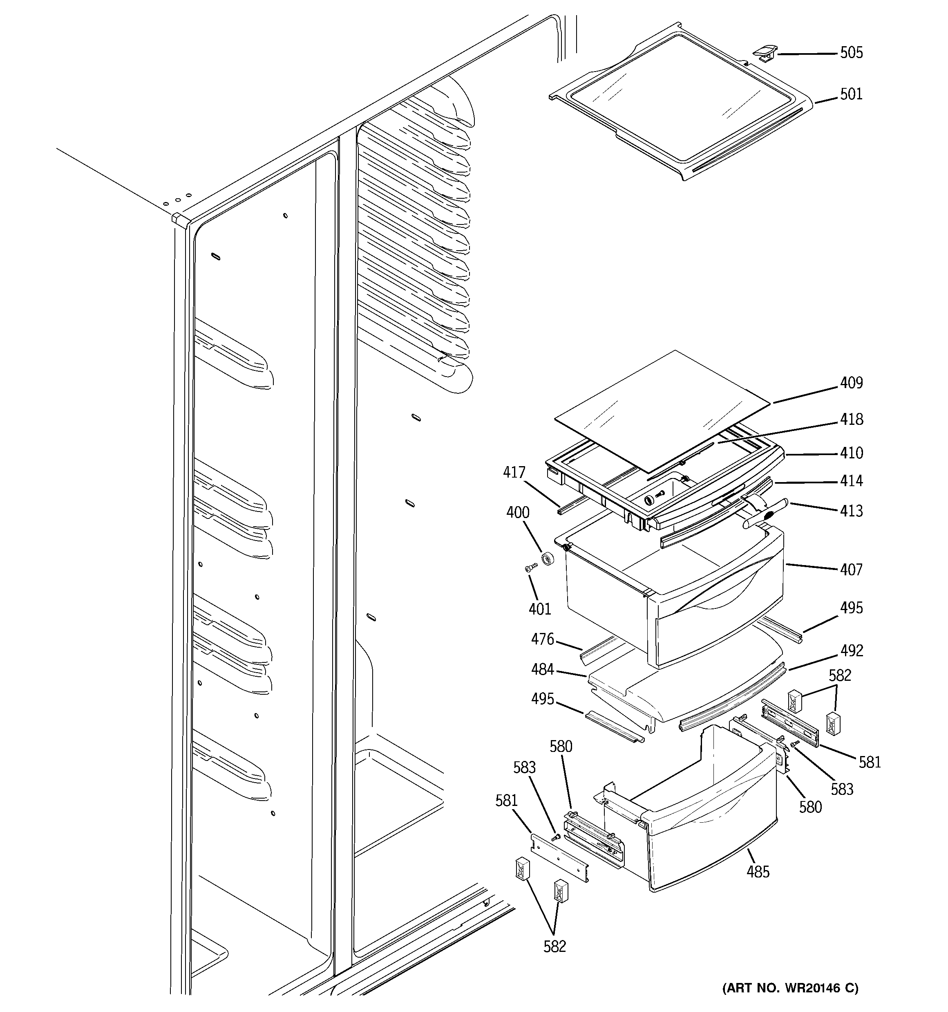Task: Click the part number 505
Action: pos(851,53)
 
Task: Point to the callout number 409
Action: pos(851,383)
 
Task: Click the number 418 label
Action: pos(851,420)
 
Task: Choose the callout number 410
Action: pos(851,453)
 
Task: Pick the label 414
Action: pos(851,481)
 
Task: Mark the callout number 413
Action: pos(851,511)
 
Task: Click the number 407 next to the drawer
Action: pos(851,569)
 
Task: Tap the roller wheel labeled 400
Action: pos(548,559)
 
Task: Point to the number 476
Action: pos(542,640)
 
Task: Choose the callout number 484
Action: pos(542,669)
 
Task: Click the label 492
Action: pos(851,651)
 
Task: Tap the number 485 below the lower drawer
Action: pos(758,872)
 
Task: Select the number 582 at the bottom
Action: pos(554,946)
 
